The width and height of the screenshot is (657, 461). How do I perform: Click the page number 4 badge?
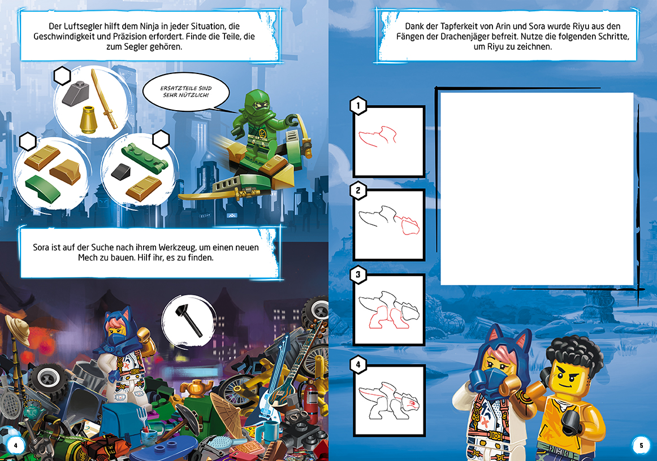tap(15, 446)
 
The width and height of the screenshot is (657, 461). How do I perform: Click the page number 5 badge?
tap(641, 446)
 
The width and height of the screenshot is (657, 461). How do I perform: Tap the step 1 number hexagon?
tap(358, 106)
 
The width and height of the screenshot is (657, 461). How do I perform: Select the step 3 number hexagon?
tap(358, 275)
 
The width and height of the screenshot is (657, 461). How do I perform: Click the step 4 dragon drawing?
tap(388, 401)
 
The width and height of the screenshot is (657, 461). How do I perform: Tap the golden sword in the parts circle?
tap(105, 99)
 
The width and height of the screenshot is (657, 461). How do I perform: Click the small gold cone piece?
tap(88, 120)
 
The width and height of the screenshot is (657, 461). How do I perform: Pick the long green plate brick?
tap(145, 158)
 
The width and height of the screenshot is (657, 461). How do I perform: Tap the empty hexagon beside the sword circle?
tap(62, 76)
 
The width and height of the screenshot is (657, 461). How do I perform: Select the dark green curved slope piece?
tap(43, 188)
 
